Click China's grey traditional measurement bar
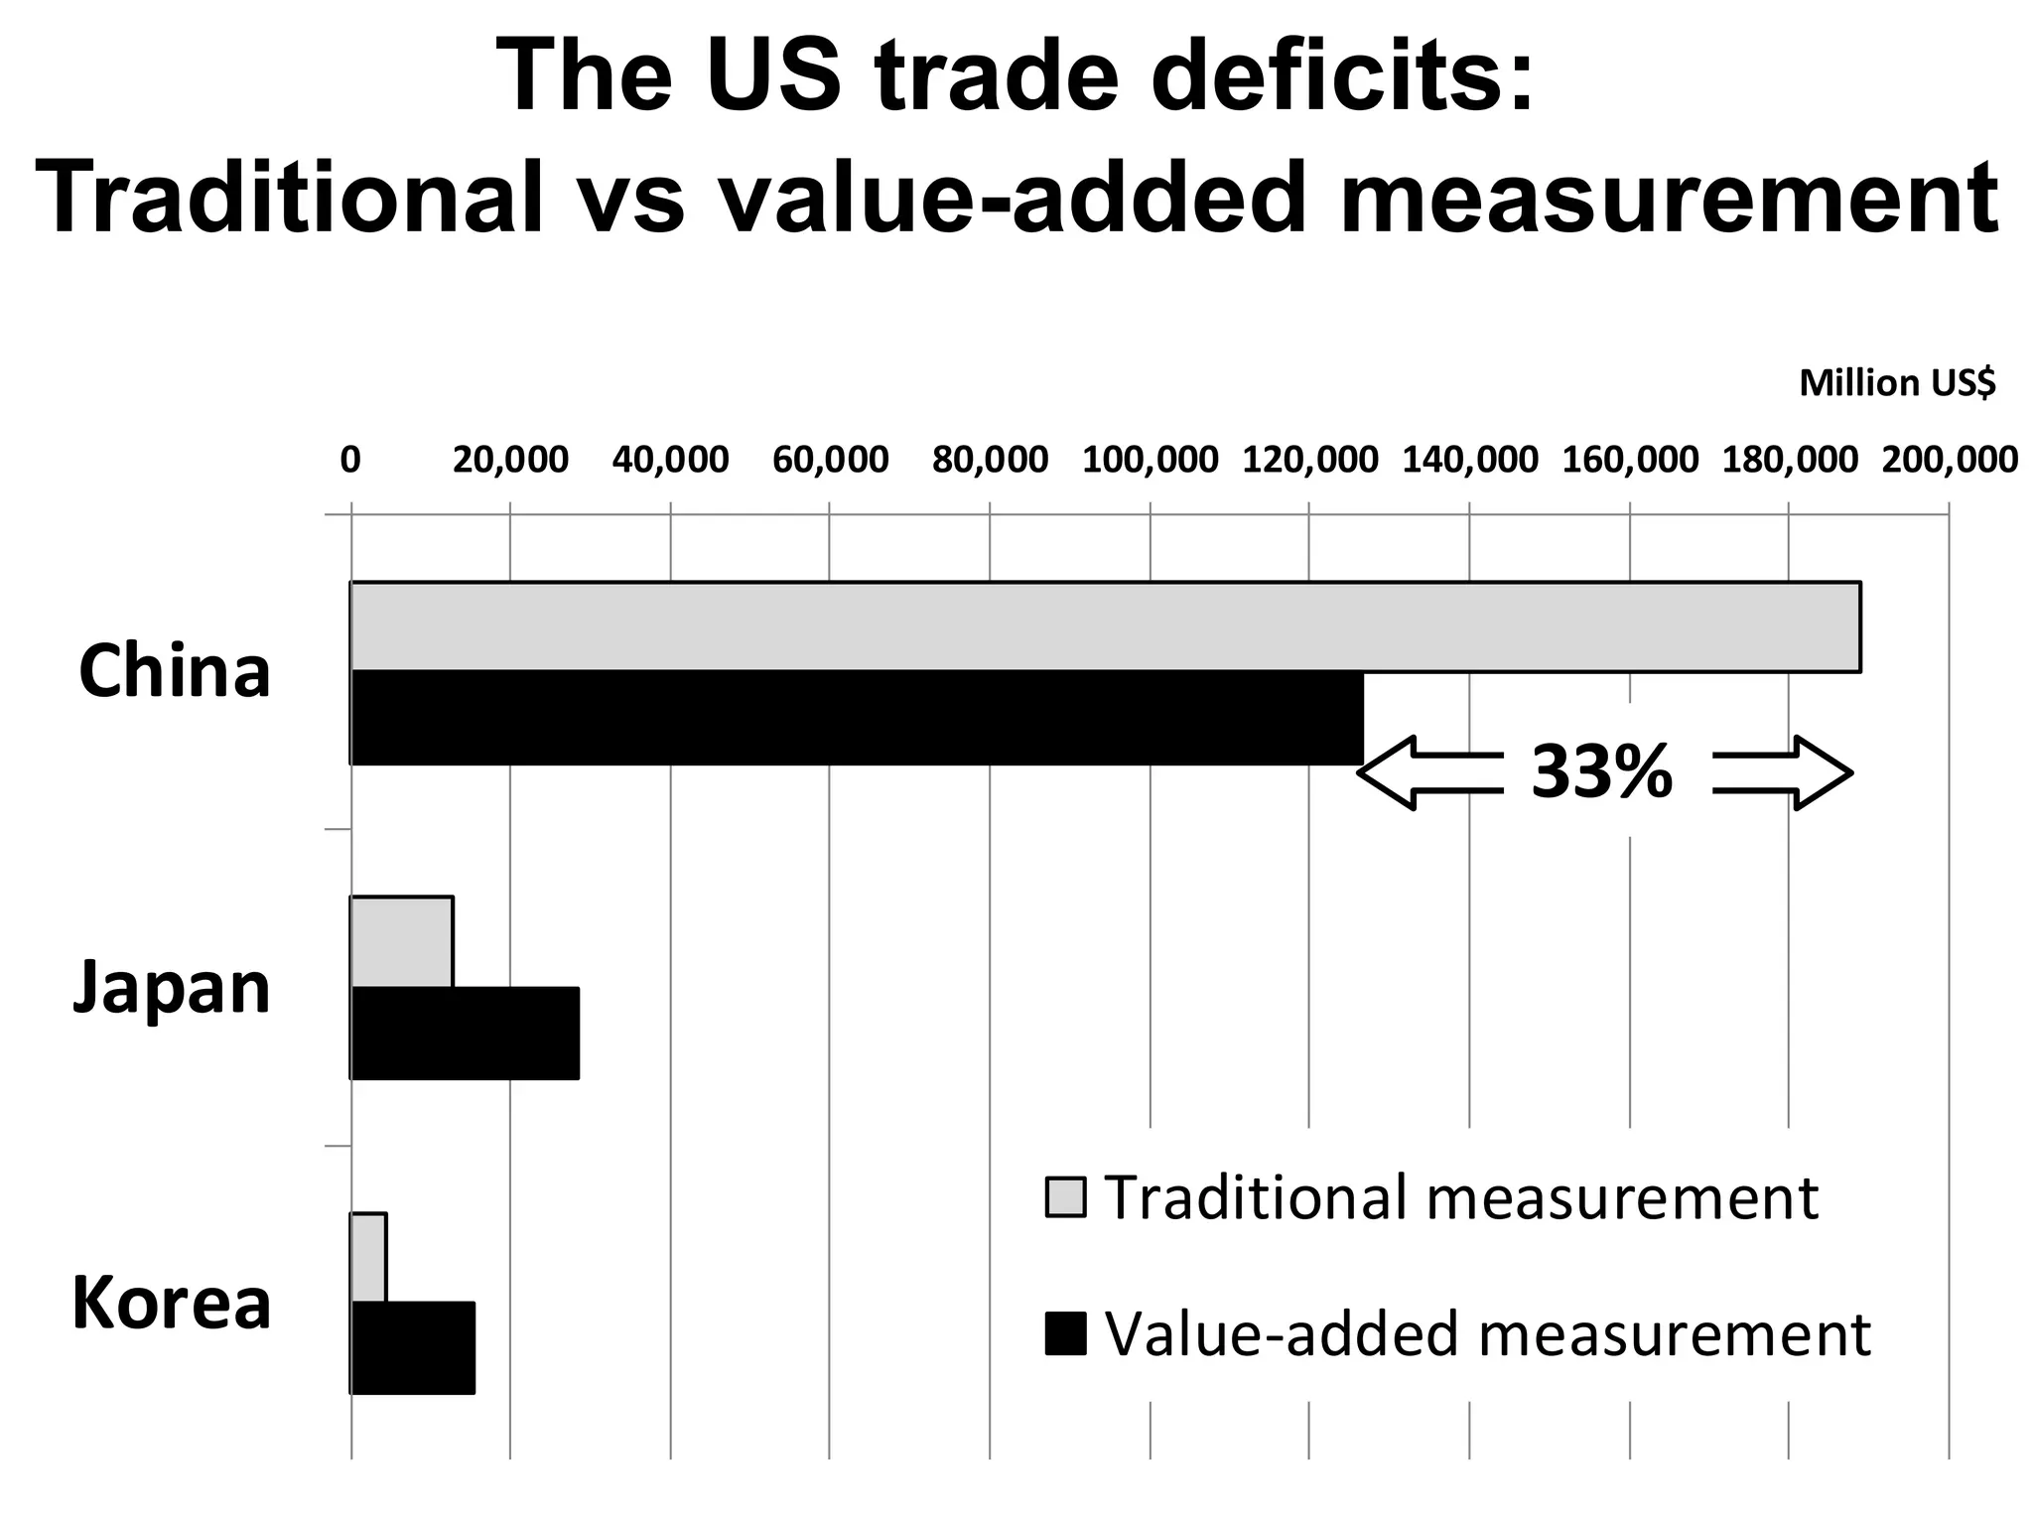tap(1104, 626)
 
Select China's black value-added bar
tap(856, 718)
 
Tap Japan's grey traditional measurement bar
tap(401, 942)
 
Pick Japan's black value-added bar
tap(464, 1033)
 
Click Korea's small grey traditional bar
tap(368, 1257)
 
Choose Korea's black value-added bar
tap(412, 1347)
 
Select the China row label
tap(174, 672)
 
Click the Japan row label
tap(172, 988)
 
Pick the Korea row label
tap(172, 1304)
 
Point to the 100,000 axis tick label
tap(1150, 460)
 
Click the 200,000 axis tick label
tap(1949, 460)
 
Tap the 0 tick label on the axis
tap(350, 460)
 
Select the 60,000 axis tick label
tap(830, 460)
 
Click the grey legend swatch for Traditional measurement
tap(1065, 1197)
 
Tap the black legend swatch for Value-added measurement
tap(1065, 1333)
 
